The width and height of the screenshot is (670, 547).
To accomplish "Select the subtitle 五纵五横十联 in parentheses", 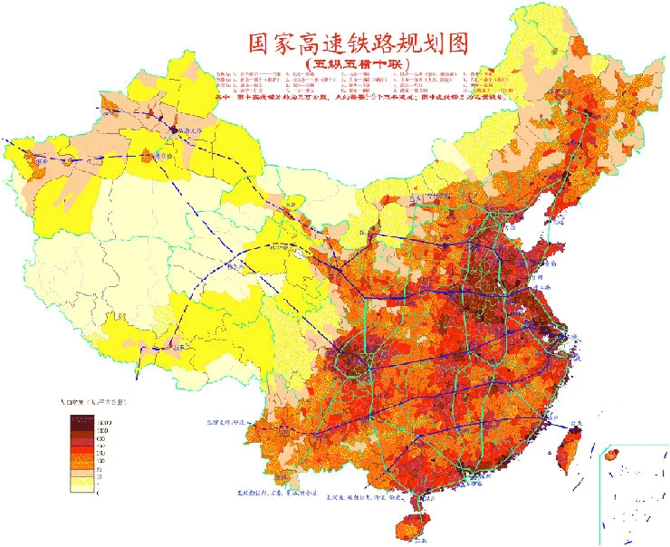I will [x=357, y=64].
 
